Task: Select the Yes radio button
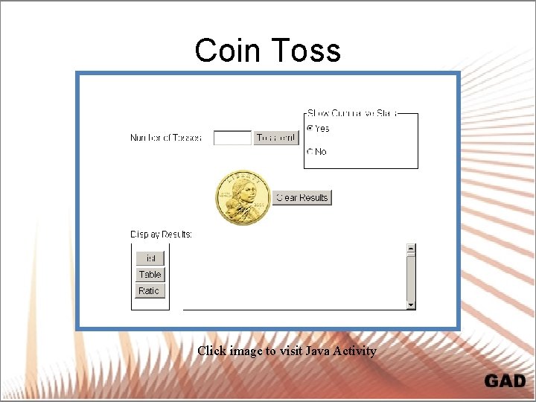point(310,129)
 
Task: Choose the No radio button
point(310,152)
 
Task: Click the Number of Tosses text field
point(232,138)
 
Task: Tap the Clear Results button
point(301,197)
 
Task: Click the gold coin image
point(243,198)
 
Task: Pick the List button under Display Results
point(150,258)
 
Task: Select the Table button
point(150,275)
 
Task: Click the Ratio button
point(150,291)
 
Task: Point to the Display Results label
point(161,234)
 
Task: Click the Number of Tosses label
point(165,138)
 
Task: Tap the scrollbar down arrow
point(410,304)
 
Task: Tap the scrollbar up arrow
point(410,248)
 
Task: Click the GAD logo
point(505,381)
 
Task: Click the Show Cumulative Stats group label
point(352,114)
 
